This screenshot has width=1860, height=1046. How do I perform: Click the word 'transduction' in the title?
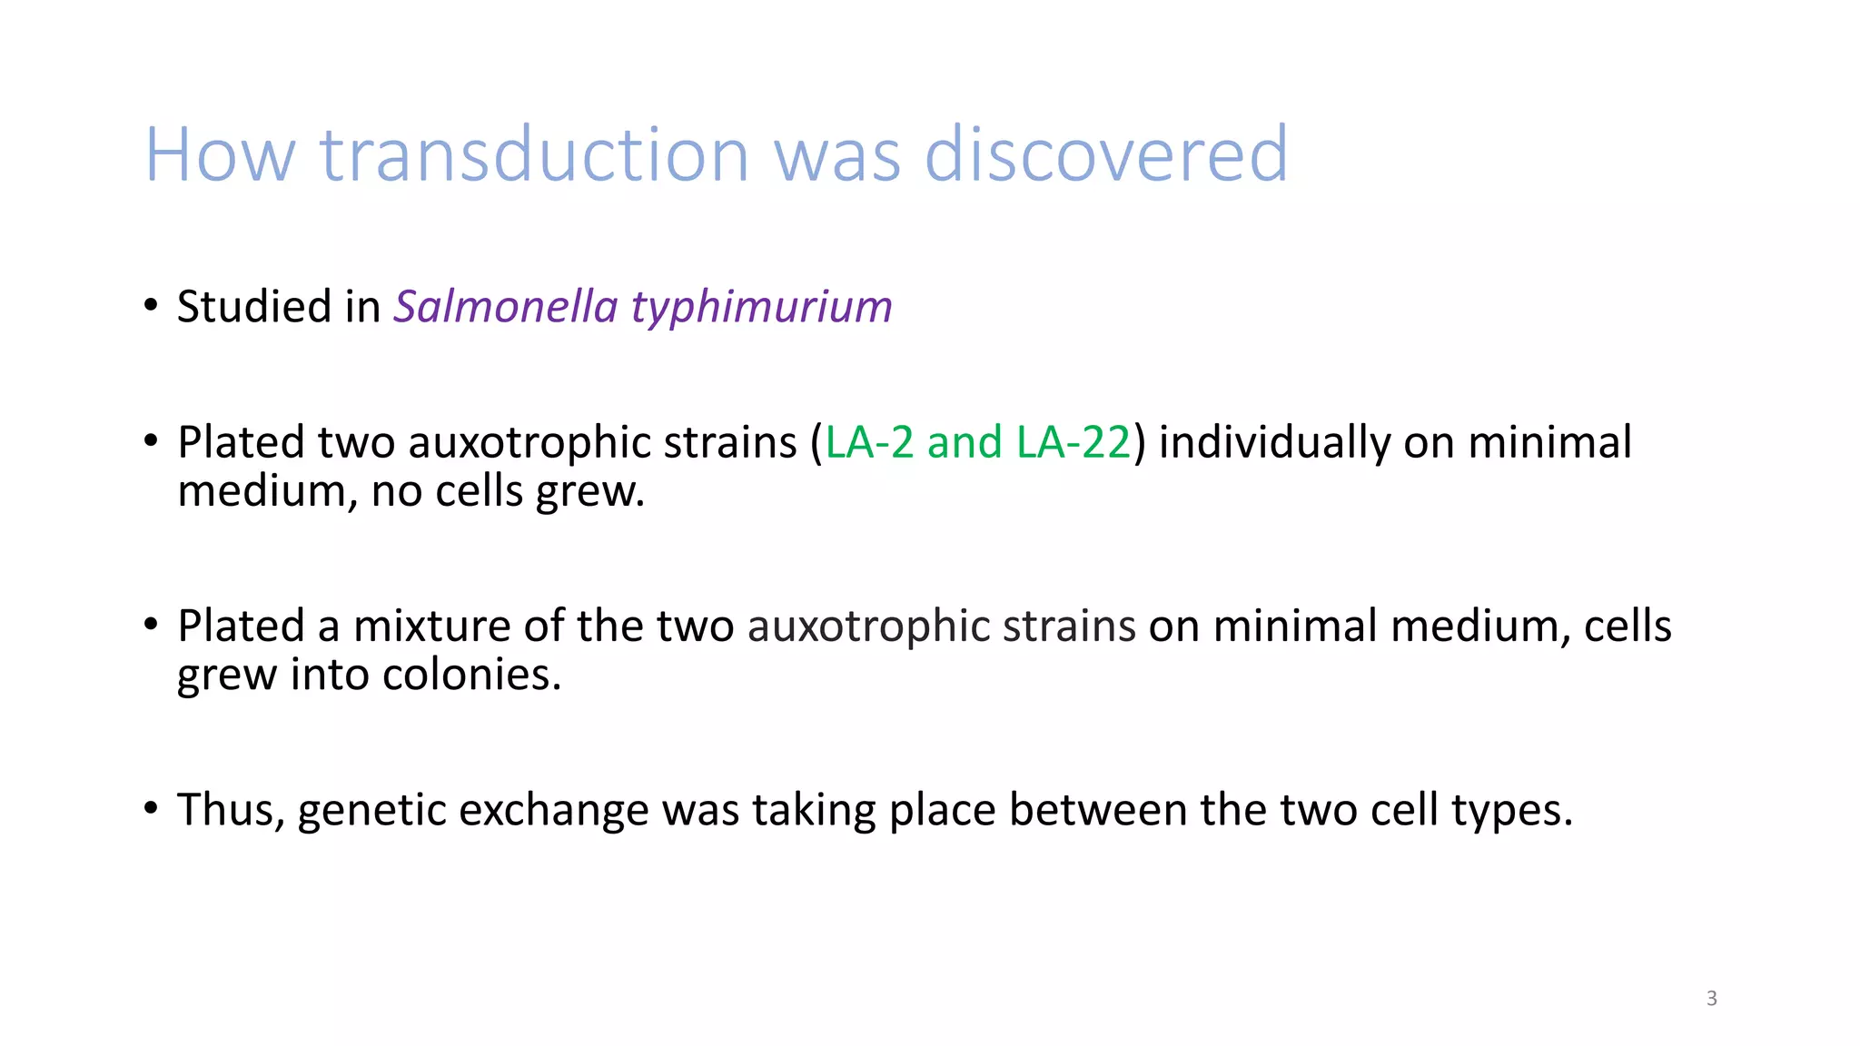tap(534, 154)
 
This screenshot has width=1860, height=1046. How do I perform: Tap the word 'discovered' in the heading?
tap(1105, 154)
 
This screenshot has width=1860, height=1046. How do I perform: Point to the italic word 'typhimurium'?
tap(762, 308)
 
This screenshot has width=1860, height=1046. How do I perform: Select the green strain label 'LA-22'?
tap(1073, 442)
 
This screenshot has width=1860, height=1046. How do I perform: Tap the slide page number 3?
tap(1711, 999)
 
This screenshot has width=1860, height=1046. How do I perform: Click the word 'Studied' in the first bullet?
tap(253, 306)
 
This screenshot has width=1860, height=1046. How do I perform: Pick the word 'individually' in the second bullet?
tap(1274, 444)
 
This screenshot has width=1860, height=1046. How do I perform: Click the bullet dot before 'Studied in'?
tap(151, 305)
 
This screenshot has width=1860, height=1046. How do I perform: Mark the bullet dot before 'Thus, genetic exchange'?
tap(151, 807)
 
